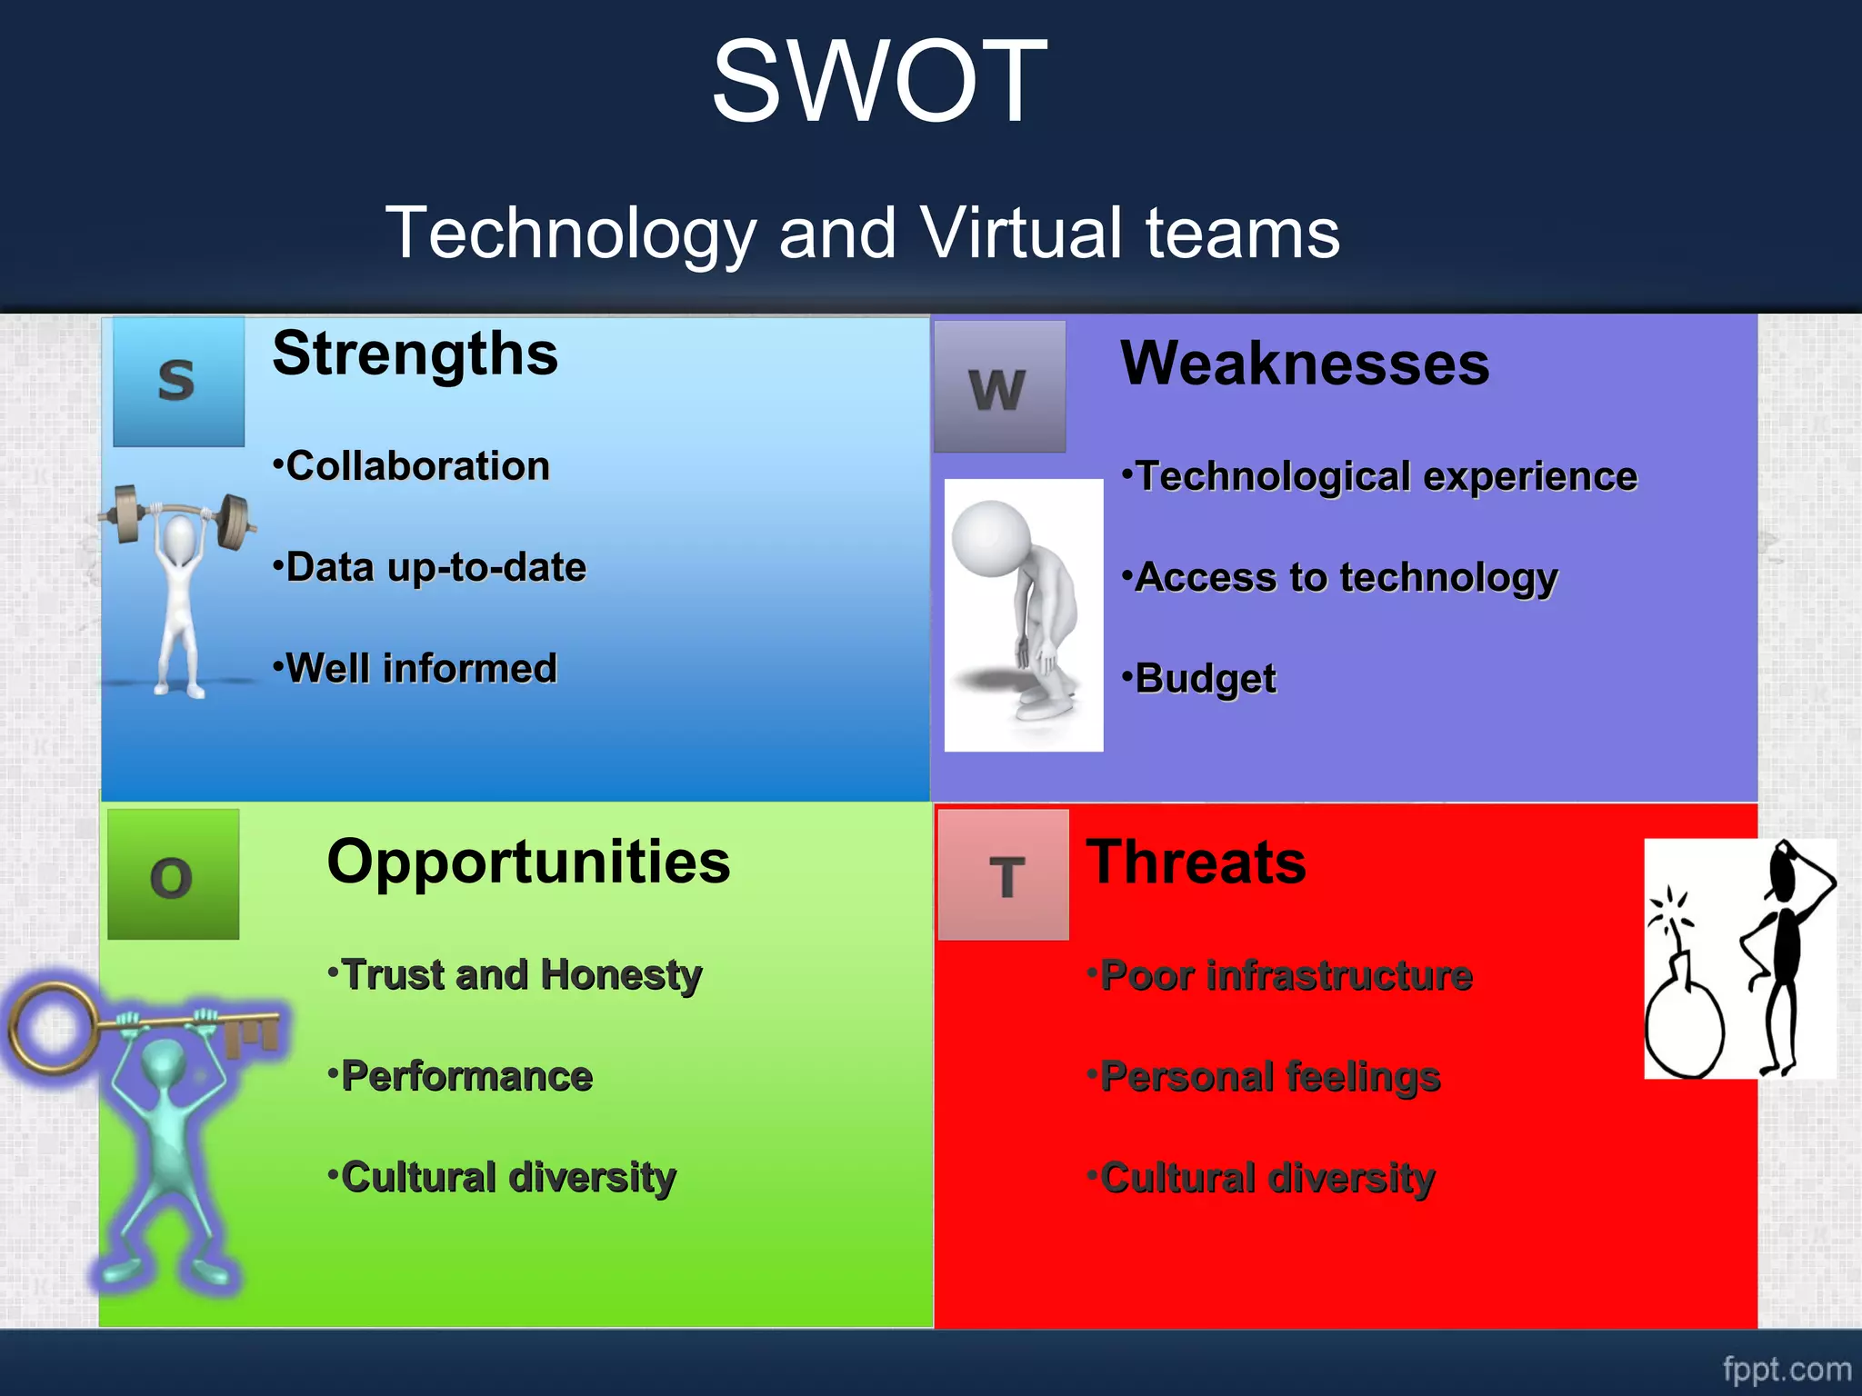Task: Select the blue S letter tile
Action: [x=178, y=381]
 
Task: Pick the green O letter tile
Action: [x=173, y=875]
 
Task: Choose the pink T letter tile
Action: [x=1005, y=875]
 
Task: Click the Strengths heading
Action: [x=415, y=354]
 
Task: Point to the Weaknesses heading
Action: [x=1304, y=364]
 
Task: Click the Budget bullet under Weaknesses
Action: [x=1200, y=679]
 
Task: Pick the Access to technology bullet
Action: [x=1340, y=577]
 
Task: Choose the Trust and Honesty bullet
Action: [x=516, y=975]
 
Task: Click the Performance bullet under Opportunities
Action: [x=462, y=1076]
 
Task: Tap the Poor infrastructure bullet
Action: [x=1280, y=975]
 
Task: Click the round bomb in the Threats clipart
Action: [x=1683, y=1032]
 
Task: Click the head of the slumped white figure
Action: [x=992, y=537]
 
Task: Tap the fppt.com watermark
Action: [x=1786, y=1369]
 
